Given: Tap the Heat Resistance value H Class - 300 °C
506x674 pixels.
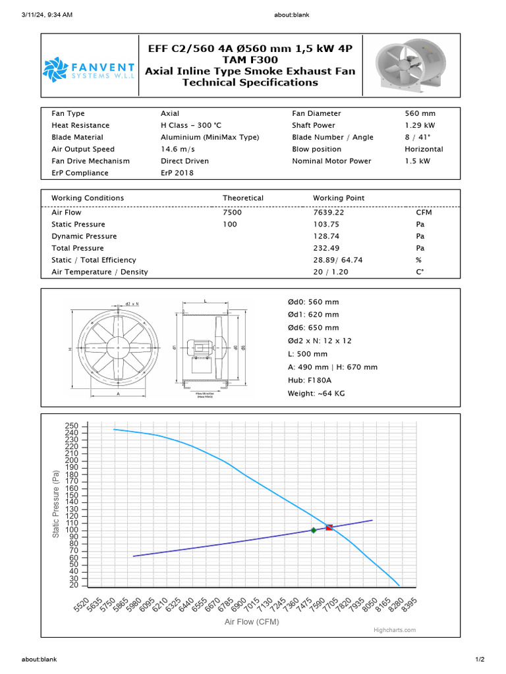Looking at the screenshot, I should (192, 126).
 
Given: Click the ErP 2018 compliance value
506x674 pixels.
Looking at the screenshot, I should (177, 173).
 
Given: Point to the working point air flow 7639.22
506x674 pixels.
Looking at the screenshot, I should (329, 213).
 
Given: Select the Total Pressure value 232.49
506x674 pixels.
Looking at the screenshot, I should (326, 248).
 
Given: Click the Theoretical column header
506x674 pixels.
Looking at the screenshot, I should (242, 198).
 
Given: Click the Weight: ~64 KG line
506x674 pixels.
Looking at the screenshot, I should (316, 394).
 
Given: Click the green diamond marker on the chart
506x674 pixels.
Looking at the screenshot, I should (314, 530).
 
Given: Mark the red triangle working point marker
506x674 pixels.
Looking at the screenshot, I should (329, 527).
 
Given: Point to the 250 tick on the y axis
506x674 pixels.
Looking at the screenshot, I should (72, 427).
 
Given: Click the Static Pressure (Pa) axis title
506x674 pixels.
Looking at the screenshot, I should (57, 503).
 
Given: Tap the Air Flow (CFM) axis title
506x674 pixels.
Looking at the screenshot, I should (252, 622).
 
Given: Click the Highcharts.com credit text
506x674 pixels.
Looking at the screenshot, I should (395, 630).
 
